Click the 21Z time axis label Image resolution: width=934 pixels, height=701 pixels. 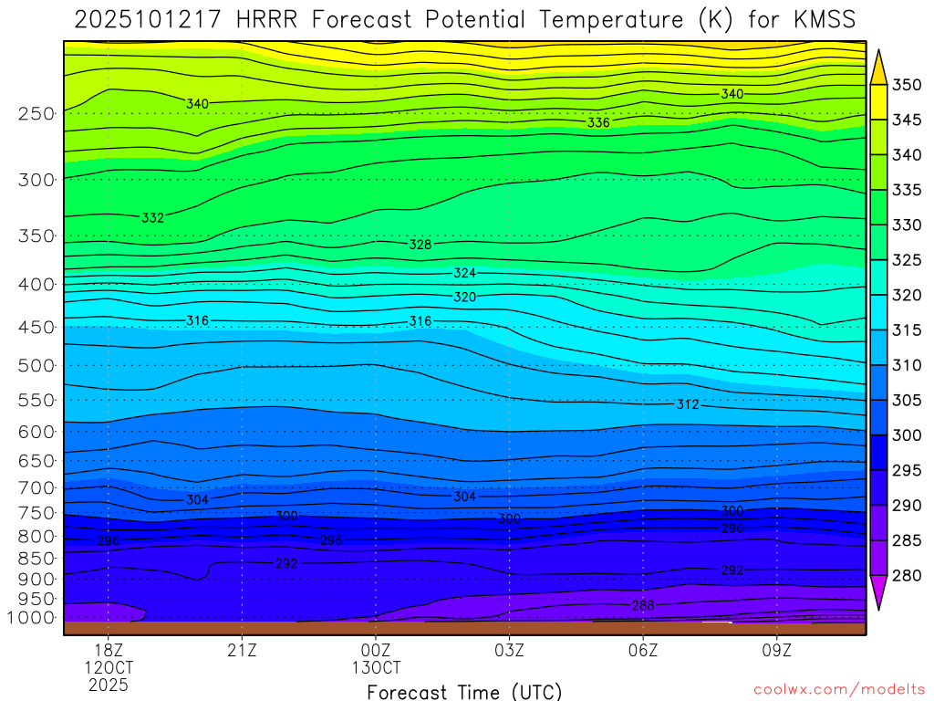coord(242,651)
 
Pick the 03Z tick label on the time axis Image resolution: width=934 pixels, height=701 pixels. coord(509,651)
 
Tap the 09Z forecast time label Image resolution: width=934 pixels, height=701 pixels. coord(777,651)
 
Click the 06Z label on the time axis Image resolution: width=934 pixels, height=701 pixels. coord(643,651)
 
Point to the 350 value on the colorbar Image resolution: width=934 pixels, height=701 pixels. coord(907,85)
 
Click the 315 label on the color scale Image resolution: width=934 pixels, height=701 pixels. coord(907,330)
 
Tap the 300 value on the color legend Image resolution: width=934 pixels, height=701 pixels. coord(907,435)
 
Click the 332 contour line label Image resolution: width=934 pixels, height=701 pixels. coord(153,217)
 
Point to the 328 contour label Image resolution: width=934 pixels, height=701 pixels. coord(420,245)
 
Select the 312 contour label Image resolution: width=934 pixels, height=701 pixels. coord(688,404)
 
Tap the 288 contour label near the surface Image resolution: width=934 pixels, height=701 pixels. coord(643,605)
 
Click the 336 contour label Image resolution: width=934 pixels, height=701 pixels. coord(598,122)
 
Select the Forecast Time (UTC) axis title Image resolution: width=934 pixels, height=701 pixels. coord(464,691)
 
